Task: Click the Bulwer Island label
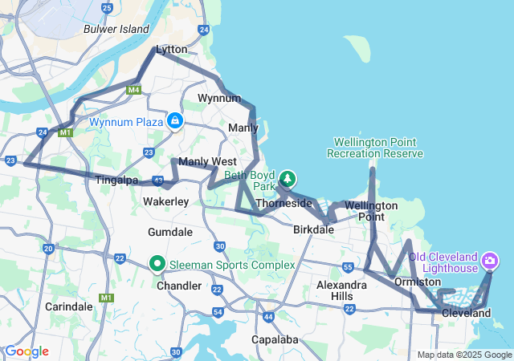pyautogui.click(x=116, y=29)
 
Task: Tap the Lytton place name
pyautogui.click(x=171, y=50)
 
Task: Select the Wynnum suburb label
pyautogui.click(x=219, y=99)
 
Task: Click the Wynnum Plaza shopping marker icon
pyautogui.click(x=174, y=120)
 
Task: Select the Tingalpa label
pyautogui.click(x=118, y=180)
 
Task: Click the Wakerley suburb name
pyautogui.click(x=165, y=201)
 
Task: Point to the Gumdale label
pyautogui.click(x=170, y=232)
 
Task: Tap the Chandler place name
pyautogui.click(x=179, y=286)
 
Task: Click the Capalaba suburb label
pyautogui.click(x=275, y=339)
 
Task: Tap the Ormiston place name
pyautogui.click(x=418, y=282)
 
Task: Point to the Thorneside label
pyautogui.click(x=284, y=203)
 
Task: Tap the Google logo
pyautogui.click(x=27, y=351)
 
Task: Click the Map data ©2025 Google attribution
pyautogui.click(x=465, y=355)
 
